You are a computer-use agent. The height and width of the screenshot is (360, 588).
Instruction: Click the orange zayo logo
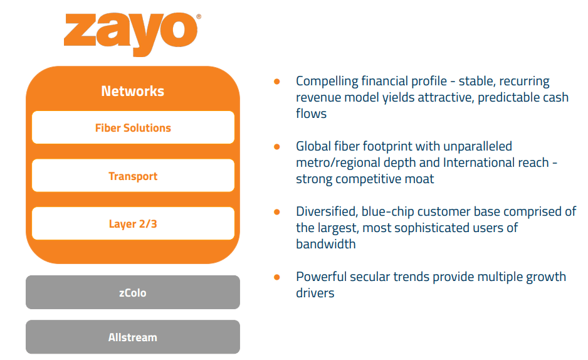click(130, 34)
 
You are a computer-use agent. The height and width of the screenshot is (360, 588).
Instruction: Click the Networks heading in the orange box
click(132, 91)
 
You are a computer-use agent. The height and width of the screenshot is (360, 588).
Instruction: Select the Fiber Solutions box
click(133, 128)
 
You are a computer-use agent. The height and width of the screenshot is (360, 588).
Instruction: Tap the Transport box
click(133, 176)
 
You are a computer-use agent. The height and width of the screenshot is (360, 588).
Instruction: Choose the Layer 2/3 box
click(133, 224)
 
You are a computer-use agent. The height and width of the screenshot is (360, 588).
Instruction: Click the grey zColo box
click(133, 293)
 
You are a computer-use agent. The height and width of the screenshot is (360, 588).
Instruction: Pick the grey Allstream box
click(133, 337)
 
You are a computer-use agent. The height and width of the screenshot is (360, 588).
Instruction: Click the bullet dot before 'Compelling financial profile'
click(276, 82)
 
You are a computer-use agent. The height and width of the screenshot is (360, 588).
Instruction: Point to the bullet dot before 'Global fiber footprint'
click(276, 147)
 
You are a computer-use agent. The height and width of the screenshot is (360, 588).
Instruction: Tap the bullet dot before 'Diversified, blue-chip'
click(276, 212)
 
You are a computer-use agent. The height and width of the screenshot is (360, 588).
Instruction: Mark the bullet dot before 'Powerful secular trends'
click(276, 277)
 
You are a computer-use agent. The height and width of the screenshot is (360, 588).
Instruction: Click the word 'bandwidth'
click(326, 245)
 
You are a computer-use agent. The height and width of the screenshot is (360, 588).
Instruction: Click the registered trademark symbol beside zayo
click(199, 17)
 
